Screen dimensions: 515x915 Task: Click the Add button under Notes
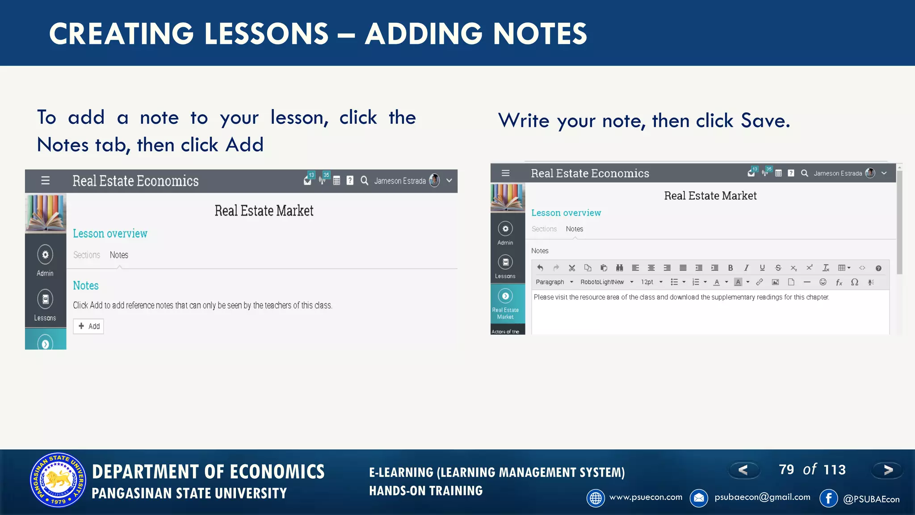point(88,326)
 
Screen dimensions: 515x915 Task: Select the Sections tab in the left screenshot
point(87,255)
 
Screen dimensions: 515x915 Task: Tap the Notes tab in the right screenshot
point(574,229)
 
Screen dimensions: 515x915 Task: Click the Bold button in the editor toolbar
point(730,268)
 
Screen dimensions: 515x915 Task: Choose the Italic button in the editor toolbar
point(746,268)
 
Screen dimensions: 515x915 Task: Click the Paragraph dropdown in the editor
point(554,282)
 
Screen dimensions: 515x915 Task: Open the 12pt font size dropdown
point(651,282)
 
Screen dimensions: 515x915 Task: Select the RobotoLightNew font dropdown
point(606,282)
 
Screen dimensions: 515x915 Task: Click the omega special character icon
point(854,282)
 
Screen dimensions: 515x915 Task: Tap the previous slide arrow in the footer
point(743,470)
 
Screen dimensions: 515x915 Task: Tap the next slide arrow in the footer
point(888,470)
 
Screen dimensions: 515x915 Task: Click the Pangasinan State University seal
point(58,480)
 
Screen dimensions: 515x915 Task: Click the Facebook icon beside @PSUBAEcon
point(828,498)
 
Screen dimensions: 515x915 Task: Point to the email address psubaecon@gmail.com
point(762,497)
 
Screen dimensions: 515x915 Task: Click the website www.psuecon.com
point(646,497)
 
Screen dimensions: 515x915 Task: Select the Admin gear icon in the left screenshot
point(45,255)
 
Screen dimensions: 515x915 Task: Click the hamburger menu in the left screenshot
point(45,181)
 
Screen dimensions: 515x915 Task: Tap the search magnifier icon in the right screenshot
point(804,173)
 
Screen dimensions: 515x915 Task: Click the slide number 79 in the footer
point(786,469)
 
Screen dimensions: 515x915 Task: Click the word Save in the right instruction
point(765,121)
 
